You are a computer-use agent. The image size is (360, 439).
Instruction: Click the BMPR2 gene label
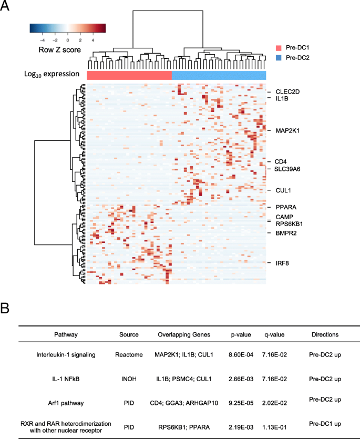click(282, 233)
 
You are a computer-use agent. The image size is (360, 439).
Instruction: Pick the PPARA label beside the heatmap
click(283, 207)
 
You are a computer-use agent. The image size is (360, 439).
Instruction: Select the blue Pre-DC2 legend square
click(279, 58)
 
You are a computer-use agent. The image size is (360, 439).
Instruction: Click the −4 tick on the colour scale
click(43, 40)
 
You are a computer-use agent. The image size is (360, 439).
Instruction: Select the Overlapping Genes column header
click(183, 334)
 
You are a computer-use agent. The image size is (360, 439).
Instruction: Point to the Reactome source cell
click(129, 355)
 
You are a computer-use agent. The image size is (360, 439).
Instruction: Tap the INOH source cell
click(129, 379)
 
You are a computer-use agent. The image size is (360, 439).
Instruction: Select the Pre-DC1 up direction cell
click(326, 423)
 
